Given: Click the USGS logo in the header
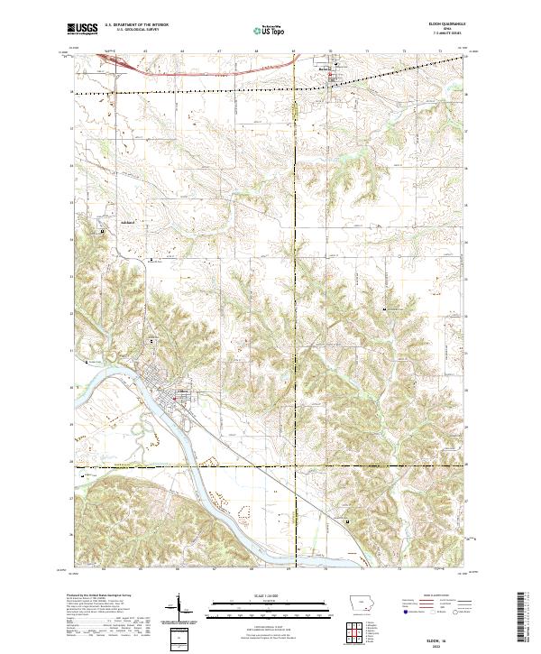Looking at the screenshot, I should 83,29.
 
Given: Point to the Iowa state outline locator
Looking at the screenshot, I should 358,604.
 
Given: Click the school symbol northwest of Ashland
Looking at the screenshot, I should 102,232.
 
